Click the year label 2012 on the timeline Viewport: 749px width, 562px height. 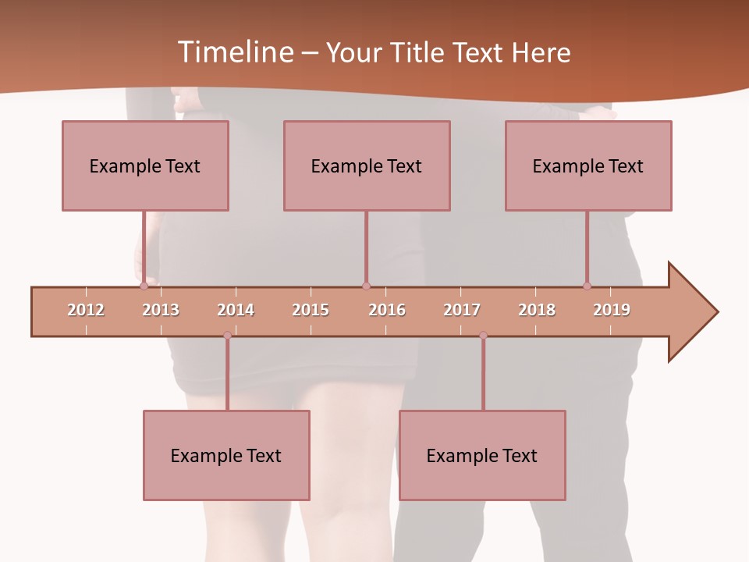[x=86, y=310]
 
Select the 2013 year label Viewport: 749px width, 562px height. [x=161, y=310]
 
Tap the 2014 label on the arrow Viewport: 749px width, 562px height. [x=236, y=310]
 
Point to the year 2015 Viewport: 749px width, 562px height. [x=311, y=310]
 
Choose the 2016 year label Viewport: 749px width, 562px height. [x=387, y=310]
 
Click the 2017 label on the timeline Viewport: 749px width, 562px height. [x=462, y=310]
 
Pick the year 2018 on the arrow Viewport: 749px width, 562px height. [x=537, y=310]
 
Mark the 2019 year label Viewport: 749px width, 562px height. [x=612, y=310]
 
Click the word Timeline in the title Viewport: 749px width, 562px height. [x=234, y=52]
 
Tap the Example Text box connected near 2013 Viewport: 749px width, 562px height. [x=145, y=165]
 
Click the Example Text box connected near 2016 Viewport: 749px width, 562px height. [x=367, y=165]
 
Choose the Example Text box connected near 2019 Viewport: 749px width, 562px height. [x=588, y=165]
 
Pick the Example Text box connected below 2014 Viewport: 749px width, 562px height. [x=226, y=455]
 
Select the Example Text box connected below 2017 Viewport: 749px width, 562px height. [x=482, y=455]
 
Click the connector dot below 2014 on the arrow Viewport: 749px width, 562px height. [x=227, y=335]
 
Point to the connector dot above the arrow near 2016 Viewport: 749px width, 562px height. [x=366, y=286]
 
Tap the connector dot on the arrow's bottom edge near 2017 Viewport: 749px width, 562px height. [x=483, y=335]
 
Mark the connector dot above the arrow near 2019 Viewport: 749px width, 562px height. [x=587, y=286]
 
